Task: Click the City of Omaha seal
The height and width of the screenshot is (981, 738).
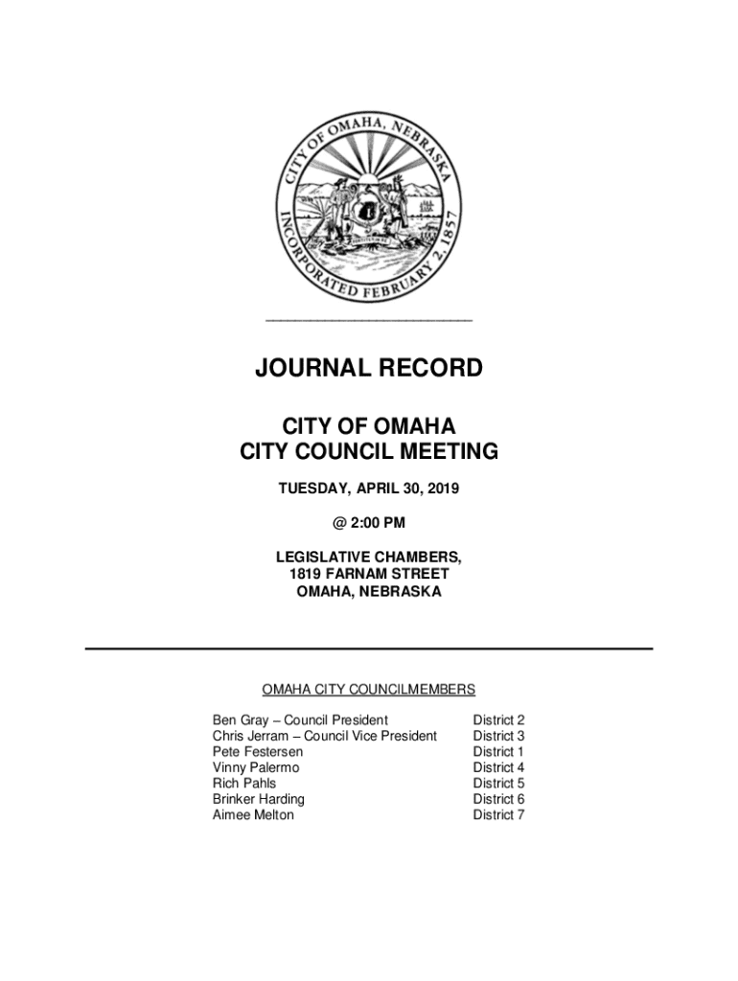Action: [368, 202]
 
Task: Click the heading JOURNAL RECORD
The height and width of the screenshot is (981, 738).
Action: [368, 368]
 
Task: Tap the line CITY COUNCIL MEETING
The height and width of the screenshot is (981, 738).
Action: [368, 451]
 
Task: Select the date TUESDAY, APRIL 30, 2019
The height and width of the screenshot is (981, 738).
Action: [368, 490]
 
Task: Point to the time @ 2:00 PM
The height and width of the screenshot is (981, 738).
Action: [368, 522]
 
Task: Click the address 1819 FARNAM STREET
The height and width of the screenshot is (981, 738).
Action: [368, 574]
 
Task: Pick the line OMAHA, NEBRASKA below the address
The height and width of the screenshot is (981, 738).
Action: [368, 592]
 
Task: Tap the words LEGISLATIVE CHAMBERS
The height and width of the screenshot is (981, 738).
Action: [368, 557]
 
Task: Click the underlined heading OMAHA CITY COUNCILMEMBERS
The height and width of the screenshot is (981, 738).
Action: [368, 690]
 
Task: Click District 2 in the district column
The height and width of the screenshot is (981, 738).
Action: [498, 720]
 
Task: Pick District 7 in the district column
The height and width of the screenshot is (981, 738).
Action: [498, 815]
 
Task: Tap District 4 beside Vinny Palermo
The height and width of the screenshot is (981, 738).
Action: [498, 767]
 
